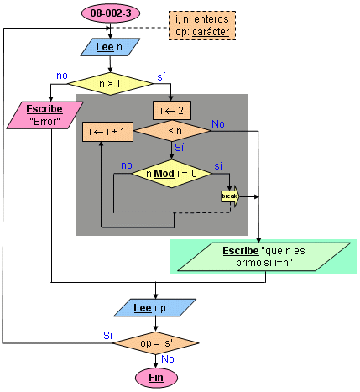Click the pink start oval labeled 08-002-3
[111, 13]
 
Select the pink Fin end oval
[156, 378]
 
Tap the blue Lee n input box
[110, 47]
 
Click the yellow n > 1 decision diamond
[110, 83]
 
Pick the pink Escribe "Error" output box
[44, 115]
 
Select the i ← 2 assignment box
[172, 111]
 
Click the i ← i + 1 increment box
[107, 132]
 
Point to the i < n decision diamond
[172, 131]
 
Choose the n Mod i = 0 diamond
[172, 174]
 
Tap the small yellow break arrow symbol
[230, 196]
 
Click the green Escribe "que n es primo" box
[263, 257]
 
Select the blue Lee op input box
[155, 308]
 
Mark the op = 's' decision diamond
[156, 343]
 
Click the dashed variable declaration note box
[202, 26]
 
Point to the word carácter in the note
[211, 32]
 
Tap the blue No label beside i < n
[218, 124]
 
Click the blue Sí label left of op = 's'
[108, 335]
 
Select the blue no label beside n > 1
[62, 76]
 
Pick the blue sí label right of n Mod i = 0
[218, 165]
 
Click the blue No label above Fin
[168, 359]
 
